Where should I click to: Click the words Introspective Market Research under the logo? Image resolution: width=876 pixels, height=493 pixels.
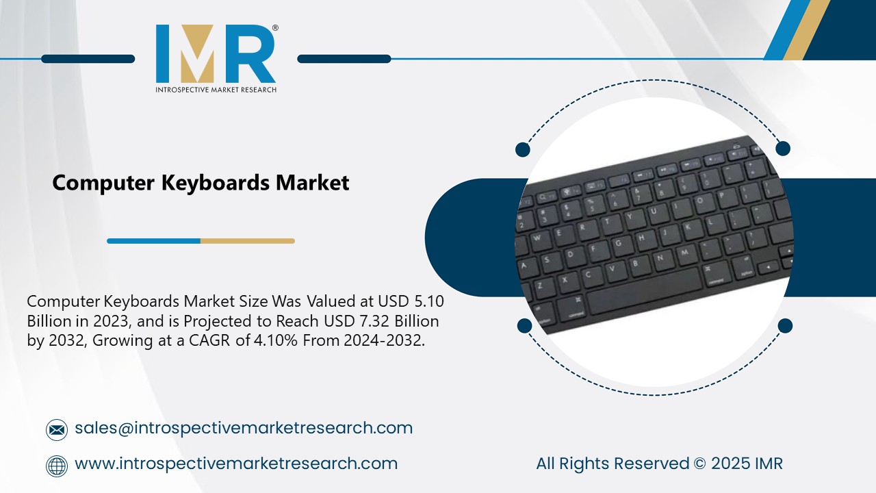coord(216,89)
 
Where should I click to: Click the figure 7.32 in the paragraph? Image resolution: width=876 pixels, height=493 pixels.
coord(371,321)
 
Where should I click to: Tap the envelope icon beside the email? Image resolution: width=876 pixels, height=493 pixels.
coord(57,430)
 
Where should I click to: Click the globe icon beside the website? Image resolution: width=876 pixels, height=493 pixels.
coord(57,466)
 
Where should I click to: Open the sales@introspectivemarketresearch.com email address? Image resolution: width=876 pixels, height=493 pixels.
coord(244,428)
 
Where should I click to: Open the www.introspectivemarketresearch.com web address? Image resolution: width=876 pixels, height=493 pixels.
coord(236,464)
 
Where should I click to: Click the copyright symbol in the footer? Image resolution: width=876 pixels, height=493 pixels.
coord(699,464)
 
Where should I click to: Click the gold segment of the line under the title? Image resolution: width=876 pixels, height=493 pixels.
coord(247,241)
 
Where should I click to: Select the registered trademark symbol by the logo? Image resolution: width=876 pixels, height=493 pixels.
coord(275,28)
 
